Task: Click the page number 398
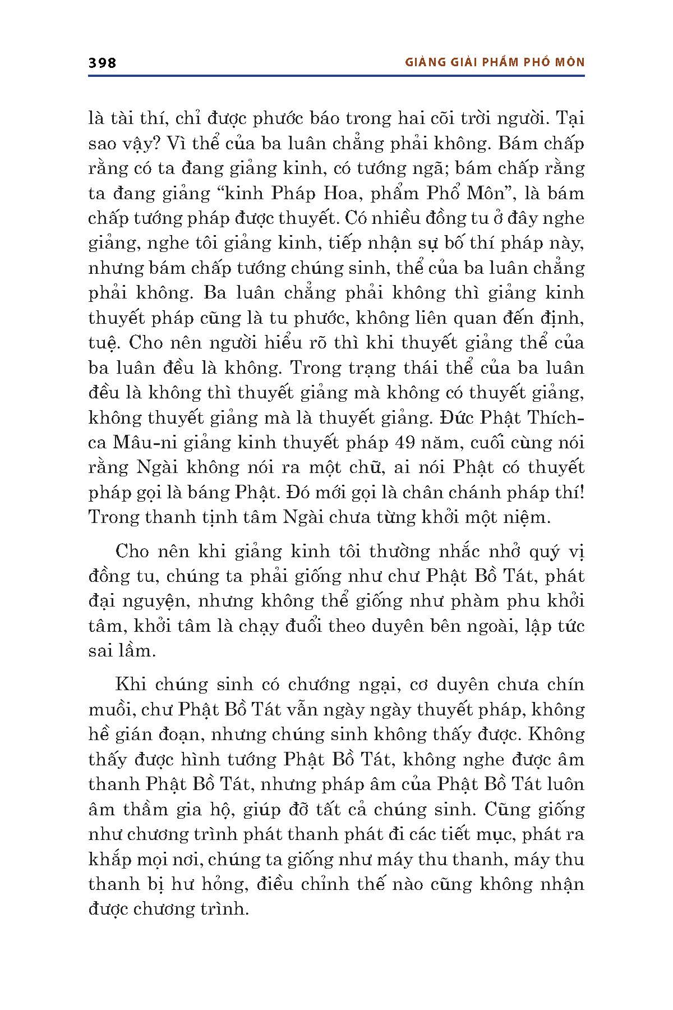point(103,63)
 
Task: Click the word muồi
point(110,710)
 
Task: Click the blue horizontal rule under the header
point(336,76)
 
